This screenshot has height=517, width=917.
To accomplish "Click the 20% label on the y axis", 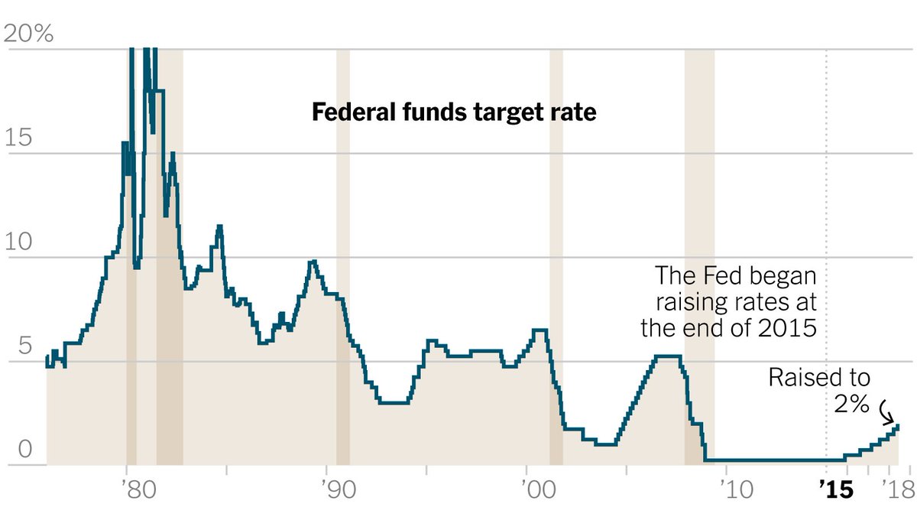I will [x=28, y=34].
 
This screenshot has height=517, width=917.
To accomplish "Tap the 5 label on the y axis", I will [x=13, y=346].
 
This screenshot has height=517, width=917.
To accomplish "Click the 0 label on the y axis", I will [x=13, y=450].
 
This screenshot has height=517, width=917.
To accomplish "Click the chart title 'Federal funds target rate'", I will [x=453, y=114].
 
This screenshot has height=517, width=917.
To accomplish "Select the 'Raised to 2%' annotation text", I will [x=818, y=390].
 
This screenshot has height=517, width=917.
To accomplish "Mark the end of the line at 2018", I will [x=898, y=426].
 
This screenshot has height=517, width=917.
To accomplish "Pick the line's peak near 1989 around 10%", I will [x=313, y=262].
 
